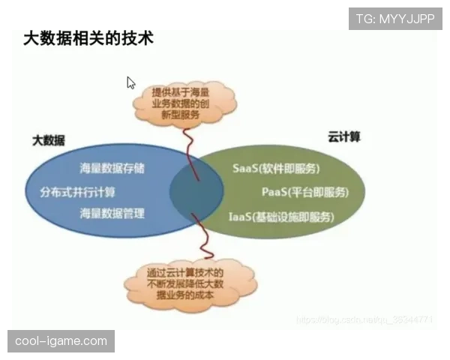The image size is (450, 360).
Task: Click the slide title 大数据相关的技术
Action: [x=88, y=38]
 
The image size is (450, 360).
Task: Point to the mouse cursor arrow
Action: [x=130, y=82]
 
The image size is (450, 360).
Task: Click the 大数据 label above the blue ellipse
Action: [x=48, y=140]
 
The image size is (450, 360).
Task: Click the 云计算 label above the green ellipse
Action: [x=344, y=136]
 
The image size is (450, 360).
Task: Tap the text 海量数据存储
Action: [x=112, y=167]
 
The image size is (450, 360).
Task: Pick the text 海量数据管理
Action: [x=112, y=214]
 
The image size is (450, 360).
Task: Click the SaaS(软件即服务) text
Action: [x=277, y=167]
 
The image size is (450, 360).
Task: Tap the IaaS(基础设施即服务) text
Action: [x=281, y=217]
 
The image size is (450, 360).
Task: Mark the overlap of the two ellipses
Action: [x=196, y=191]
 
